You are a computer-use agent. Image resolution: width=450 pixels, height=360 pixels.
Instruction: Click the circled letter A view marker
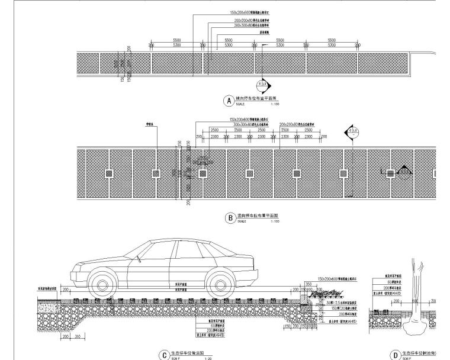[227, 101]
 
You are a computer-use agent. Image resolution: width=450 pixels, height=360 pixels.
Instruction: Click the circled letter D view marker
[396, 355]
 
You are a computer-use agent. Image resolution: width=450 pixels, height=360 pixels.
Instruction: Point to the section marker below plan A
[261, 85]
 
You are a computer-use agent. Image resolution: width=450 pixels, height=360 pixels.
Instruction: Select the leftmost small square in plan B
[109, 173]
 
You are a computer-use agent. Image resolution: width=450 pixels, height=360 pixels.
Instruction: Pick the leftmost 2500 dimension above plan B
[214, 129]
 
